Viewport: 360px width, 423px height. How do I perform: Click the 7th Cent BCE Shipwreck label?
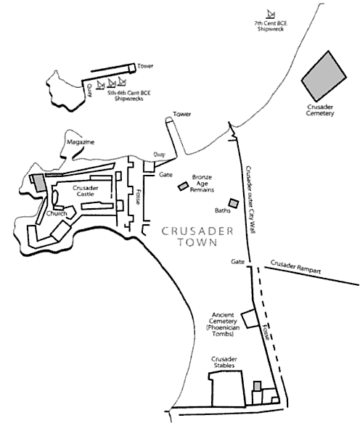coord(271,26)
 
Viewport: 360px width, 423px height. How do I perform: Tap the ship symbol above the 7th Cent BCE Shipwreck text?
coord(270,14)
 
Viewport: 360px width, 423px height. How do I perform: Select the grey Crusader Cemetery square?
coord(324,75)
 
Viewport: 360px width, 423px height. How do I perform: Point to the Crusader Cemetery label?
coord(320,110)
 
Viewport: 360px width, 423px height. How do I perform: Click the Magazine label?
coord(81,142)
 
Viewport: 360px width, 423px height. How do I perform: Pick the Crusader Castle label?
coord(85,191)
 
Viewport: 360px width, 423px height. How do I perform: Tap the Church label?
coord(57,213)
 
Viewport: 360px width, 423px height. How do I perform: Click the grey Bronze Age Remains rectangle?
coord(183,186)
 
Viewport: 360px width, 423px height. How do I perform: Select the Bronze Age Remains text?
coord(202,184)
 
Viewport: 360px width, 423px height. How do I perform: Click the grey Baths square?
coord(234,203)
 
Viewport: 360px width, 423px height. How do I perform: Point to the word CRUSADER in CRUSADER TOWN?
coord(197,231)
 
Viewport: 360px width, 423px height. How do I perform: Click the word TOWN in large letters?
coord(197,242)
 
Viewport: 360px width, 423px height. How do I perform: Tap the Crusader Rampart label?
coord(295,267)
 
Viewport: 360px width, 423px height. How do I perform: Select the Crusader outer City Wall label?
coord(250,200)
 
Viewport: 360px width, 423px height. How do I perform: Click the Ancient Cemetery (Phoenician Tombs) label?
coord(223,324)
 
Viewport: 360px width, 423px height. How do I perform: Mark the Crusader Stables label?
coord(224,362)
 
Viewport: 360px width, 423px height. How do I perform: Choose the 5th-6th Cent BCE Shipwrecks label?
coord(129,96)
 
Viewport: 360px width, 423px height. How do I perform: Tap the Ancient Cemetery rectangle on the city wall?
coord(248,319)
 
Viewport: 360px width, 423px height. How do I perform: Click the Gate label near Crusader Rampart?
coord(237,262)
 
